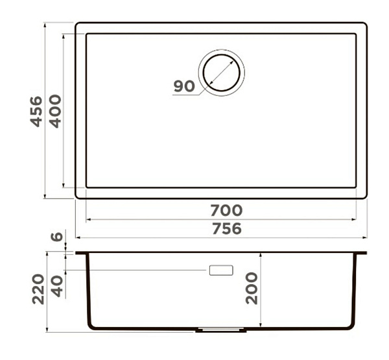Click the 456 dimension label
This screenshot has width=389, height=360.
click(36, 112)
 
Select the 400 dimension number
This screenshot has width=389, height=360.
click(55, 111)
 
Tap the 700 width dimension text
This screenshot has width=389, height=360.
click(226, 210)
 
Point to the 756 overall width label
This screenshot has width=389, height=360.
click(227, 229)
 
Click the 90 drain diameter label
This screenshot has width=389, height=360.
click(184, 86)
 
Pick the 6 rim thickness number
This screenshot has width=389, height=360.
click(57, 236)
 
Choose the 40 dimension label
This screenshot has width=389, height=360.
click(57, 286)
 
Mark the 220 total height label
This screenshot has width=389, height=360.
click(38, 289)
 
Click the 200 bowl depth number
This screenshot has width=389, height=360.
click(252, 289)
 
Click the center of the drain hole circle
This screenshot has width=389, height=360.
click(221, 73)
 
